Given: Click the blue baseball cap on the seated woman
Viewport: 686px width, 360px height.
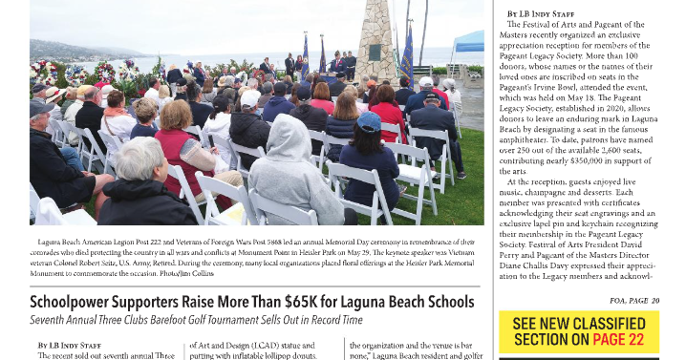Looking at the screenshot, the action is point(370,121).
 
